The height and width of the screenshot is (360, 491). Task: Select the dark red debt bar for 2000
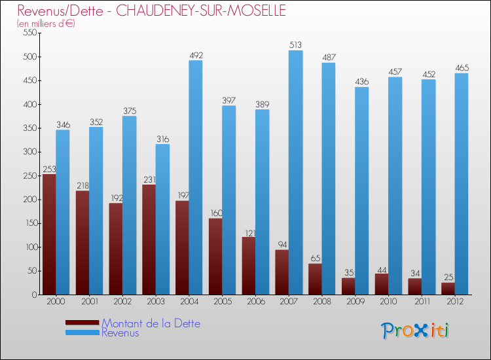click(48, 234)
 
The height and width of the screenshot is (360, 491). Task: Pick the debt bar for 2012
click(448, 288)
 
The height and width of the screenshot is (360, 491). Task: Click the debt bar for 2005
click(215, 256)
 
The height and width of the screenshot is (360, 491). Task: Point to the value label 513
click(296, 45)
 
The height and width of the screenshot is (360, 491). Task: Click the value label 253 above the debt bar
click(49, 169)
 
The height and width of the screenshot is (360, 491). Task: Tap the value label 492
click(196, 55)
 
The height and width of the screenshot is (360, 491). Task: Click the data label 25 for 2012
click(448, 278)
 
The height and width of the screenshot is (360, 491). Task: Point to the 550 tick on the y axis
click(28, 33)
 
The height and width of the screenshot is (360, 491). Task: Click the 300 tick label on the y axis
click(28, 152)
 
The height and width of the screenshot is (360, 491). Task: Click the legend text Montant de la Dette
click(151, 323)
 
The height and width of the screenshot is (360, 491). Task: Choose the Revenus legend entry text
click(120, 333)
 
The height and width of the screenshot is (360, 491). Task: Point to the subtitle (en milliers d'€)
click(46, 24)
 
